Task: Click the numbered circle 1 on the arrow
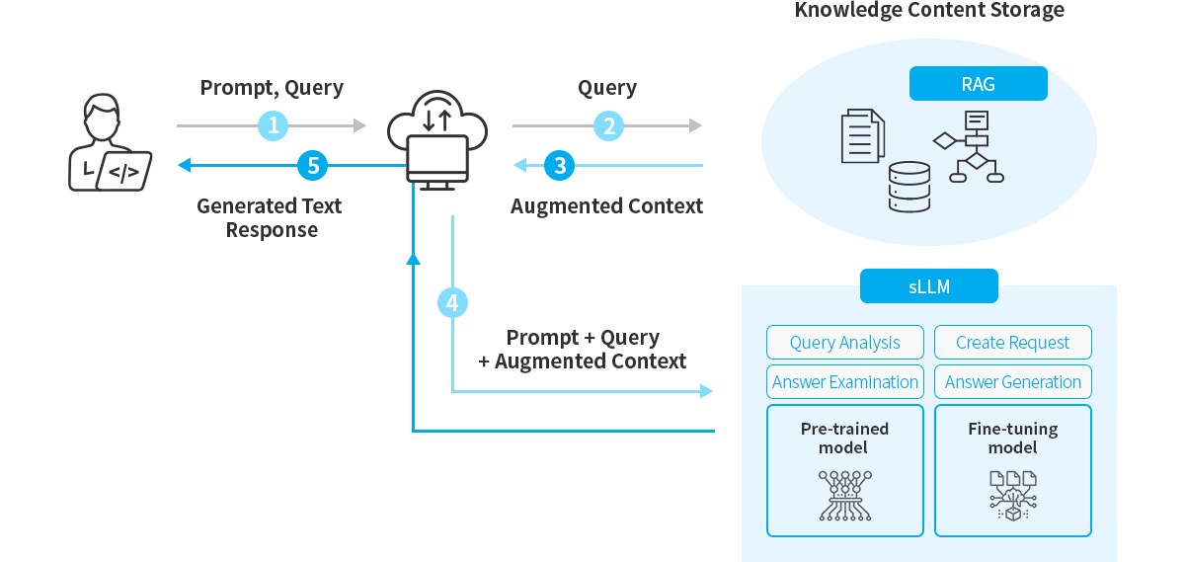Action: pos(273,125)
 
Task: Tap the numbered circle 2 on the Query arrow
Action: pos(608,125)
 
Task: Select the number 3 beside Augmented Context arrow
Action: pos(560,166)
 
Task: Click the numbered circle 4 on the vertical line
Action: pos(452,303)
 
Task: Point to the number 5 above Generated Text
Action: pos(313,166)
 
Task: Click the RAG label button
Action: pos(978,84)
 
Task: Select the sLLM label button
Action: pos(928,286)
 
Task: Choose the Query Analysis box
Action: pos(845,343)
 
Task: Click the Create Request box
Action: pos(1013,343)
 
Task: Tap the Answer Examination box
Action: pos(845,382)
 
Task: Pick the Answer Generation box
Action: pos(1013,382)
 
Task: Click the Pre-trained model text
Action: pos(844,438)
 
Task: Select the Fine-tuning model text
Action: pos(1013,438)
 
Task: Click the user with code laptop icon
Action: pos(109,143)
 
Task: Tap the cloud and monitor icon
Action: pos(437,138)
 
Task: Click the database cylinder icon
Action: pos(909,187)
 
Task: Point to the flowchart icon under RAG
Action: pos(969,147)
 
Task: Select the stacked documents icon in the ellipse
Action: pos(862,136)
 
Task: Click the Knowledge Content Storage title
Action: pos(929,11)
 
